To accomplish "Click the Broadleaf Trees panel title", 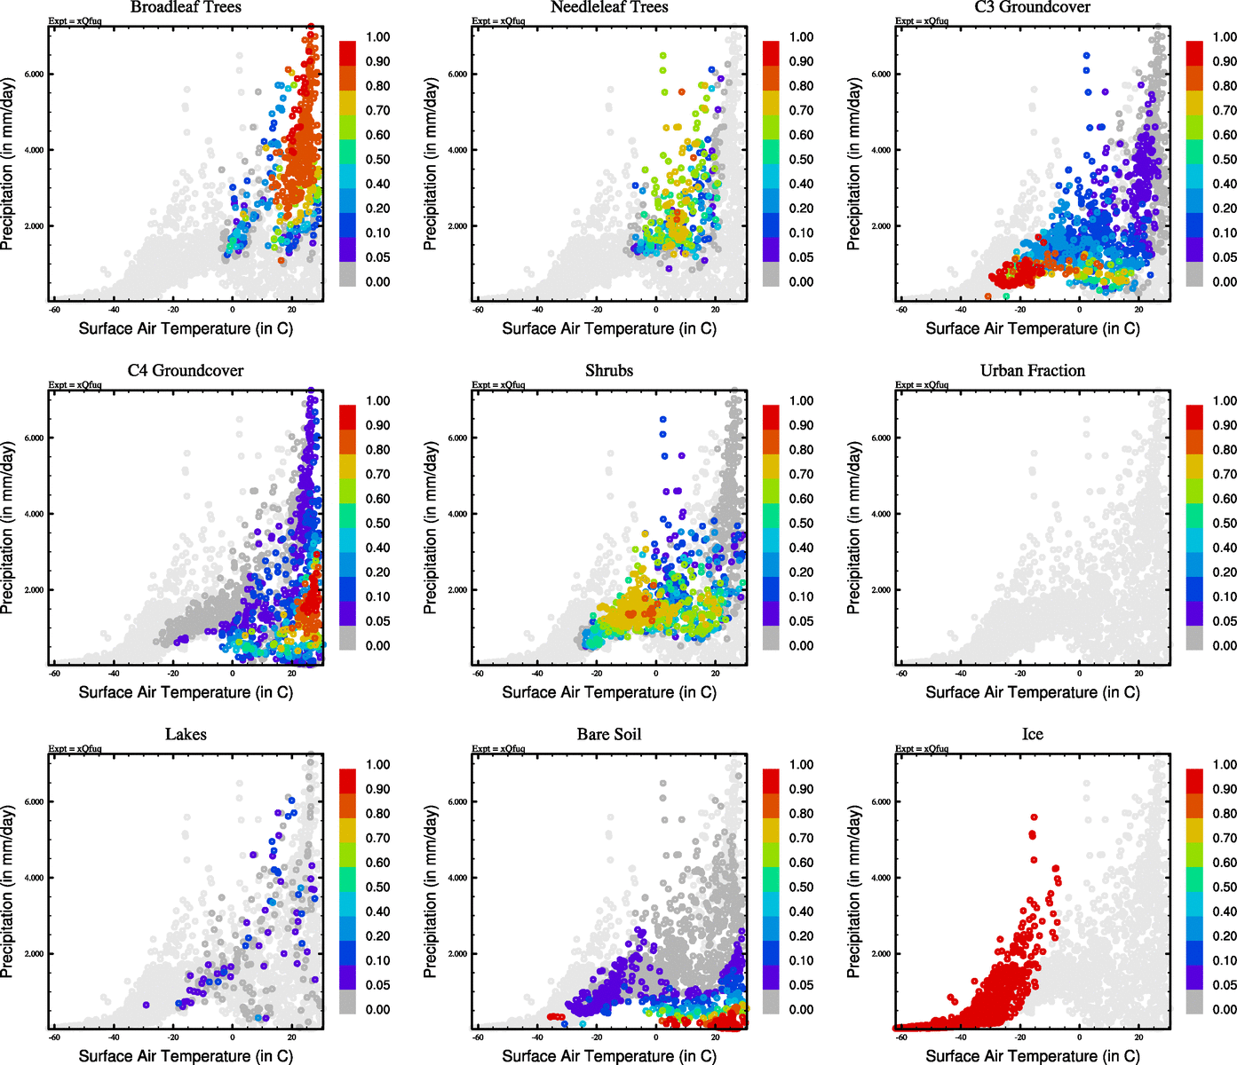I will click(186, 7).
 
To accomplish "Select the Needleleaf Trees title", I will click(609, 7).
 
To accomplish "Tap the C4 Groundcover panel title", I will click(186, 371).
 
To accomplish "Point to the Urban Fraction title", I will click(1033, 371).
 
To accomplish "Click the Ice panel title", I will click(1033, 735).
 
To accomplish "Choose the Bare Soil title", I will click(609, 735).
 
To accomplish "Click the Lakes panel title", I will click(186, 735).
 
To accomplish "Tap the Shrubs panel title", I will click(609, 371).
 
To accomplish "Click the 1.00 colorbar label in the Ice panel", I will click(1225, 765).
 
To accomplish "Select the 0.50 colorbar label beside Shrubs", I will click(801, 524).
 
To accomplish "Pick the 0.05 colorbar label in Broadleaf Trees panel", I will click(377, 257).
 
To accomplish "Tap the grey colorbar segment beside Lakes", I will click(347, 1003).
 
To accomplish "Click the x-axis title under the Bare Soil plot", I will click(609, 1056).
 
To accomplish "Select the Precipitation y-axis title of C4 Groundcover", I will click(8, 528).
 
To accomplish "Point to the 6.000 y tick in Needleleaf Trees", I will click(457, 75).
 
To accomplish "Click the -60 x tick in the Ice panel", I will click(901, 1037).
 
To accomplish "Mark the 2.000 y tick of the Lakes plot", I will click(34, 954).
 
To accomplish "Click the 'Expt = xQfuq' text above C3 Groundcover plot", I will click(922, 20).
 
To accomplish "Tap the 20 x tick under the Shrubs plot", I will click(716, 673).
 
